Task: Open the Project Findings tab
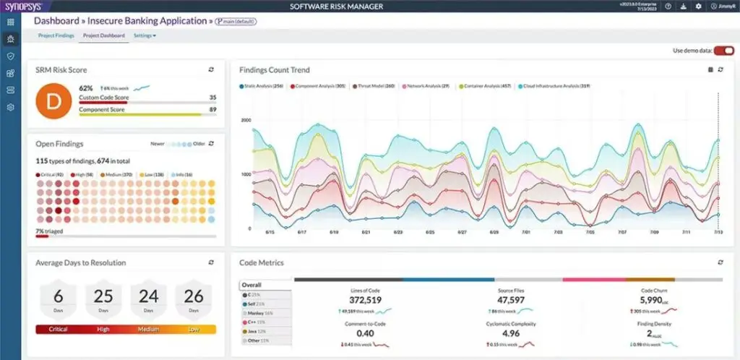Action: (56, 35)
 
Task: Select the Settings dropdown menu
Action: (145, 35)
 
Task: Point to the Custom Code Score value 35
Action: (212, 97)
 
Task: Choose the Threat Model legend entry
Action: (374, 86)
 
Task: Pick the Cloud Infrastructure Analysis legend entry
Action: (555, 86)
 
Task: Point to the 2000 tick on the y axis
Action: (246, 120)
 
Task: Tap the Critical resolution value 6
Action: (59, 296)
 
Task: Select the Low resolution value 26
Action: (194, 296)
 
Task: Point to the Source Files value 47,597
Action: (511, 300)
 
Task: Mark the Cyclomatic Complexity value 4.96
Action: (511, 334)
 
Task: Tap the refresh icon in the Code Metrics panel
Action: (720, 262)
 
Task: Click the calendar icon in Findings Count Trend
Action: (710, 70)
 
